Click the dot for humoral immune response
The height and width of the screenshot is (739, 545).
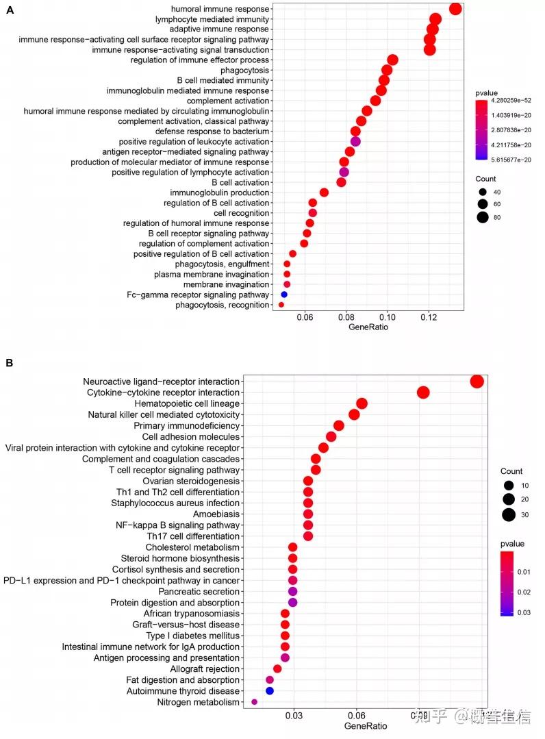pos(455,9)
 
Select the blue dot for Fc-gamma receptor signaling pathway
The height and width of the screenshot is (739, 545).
pos(284,295)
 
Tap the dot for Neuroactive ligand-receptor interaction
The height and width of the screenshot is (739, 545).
pos(477,381)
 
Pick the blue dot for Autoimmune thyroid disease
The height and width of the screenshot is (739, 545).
pos(270,691)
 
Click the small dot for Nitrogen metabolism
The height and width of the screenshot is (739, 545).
pos(255,702)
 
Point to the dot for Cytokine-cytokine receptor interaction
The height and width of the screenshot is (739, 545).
pos(423,392)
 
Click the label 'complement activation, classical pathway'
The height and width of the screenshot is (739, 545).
pos(194,121)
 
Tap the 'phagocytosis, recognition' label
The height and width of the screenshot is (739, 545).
pos(222,305)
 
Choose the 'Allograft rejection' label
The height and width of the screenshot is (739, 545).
pos(205,668)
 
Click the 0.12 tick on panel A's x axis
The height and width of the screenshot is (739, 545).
pos(429,317)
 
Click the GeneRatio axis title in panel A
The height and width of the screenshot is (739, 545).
pos(368,327)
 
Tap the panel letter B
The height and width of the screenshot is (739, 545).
pos(10,362)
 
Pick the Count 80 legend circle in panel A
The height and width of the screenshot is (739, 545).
pos(483,218)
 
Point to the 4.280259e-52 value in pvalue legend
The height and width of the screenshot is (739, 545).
pos(509,100)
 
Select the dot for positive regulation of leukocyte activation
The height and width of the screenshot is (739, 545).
pos(355,142)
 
